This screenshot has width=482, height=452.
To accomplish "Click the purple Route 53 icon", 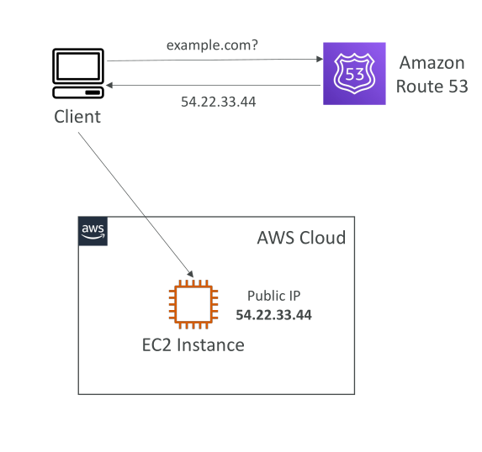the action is coord(354,74).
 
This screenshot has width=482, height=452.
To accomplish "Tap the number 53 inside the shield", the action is coord(355,74).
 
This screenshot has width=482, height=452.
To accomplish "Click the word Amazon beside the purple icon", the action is coord(432,63).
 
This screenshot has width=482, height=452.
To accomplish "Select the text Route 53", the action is coord(432,86).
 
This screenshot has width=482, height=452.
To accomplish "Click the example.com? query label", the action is coord(212,45).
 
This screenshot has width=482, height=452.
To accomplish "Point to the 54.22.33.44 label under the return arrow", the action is coord(218,102).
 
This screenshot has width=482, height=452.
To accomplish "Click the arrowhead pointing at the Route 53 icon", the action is coord(320,59).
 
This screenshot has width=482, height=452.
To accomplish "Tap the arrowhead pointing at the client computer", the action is coord(109,85).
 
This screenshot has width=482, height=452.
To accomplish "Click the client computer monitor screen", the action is coord(78,66).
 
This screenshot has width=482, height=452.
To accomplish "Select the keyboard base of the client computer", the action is coord(78,92).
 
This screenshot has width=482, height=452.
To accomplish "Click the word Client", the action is coord(77,117).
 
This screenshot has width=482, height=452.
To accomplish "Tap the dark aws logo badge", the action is coord(93,231).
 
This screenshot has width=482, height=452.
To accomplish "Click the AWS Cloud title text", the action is coord(301,238).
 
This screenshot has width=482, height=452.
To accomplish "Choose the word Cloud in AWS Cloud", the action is coord(323,238).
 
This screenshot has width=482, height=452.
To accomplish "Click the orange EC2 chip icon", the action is coord(193,304).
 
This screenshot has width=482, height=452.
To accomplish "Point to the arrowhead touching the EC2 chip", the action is coord(191,274).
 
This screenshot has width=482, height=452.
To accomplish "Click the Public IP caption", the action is coord(274,296).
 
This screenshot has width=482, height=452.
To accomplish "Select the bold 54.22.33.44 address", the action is coord(274,315).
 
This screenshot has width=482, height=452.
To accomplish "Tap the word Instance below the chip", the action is coord(210,344).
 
